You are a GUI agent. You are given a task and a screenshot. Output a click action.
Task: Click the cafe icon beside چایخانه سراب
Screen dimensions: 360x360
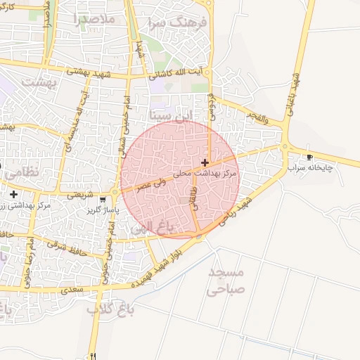pos(309,157)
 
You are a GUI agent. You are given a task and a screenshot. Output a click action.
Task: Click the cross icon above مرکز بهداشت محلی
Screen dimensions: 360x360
pos(205,162)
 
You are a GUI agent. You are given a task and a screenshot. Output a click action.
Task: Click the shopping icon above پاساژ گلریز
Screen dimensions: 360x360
pos(103,200)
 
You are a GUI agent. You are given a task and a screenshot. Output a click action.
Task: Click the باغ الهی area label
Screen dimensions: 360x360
pos(152,227)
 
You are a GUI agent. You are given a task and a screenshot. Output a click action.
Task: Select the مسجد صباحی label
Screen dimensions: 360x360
pos(226,280)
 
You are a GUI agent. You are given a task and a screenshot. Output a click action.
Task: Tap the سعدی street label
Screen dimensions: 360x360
pos(72,289)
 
